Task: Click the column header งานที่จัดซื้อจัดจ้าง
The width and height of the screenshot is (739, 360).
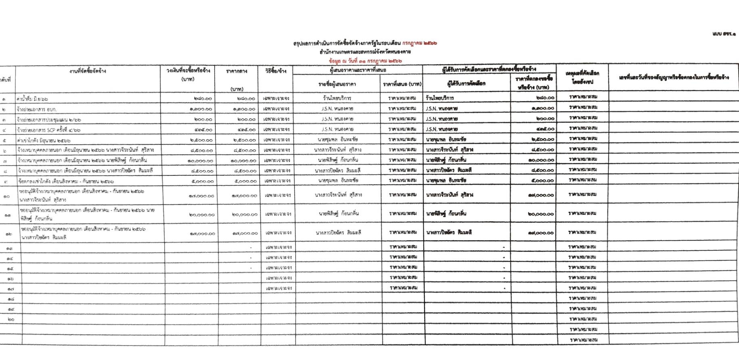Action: (x=88, y=71)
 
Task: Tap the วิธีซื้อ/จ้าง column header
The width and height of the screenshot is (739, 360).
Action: (x=276, y=71)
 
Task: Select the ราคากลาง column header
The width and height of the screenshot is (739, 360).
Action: (x=236, y=71)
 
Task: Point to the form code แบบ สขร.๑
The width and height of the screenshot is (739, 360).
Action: (x=723, y=34)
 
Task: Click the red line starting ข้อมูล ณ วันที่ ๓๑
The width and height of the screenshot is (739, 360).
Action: (x=365, y=61)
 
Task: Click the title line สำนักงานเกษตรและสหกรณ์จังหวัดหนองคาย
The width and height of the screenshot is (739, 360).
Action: (x=365, y=52)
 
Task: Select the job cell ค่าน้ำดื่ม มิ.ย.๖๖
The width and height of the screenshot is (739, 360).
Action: (x=32, y=99)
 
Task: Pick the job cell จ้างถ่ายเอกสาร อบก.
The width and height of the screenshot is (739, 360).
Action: (x=36, y=109)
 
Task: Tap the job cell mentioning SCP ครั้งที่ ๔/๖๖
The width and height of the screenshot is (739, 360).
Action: (x=48, y=130)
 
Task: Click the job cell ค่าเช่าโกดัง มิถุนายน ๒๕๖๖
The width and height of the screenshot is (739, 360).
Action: (x=44, y=141)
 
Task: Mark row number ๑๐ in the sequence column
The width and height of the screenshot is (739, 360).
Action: (x=7, y=196)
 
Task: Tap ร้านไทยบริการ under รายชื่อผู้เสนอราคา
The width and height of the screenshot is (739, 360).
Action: (x=337, y=98)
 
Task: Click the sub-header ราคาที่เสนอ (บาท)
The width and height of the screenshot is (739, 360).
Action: (x=402, y=84)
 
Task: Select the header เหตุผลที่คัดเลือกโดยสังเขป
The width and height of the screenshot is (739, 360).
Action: (x=582, y=77)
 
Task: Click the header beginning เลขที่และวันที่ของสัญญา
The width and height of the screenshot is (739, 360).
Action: (x=674, y=77)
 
